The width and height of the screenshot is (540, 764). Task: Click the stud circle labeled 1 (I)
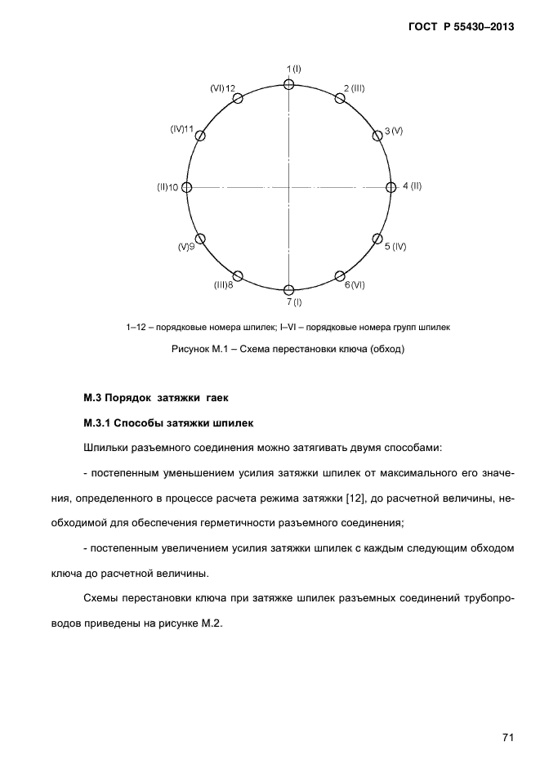tap(288, 84)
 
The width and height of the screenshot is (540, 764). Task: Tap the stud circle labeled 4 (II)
tap(390, 187)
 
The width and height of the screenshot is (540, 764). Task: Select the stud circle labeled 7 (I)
tap(288, 290)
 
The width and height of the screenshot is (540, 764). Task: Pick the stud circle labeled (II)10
tap(186, 187)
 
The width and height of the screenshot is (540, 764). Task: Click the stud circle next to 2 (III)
tap(340, 98)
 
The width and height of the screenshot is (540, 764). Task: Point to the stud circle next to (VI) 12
tap(238, 98)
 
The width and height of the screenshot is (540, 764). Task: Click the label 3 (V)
tap(394, 132)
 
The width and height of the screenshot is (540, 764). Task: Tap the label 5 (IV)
tap(395, 246)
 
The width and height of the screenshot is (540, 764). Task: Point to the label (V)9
tap(185, 246)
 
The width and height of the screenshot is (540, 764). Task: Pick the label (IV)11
tap(182, 129)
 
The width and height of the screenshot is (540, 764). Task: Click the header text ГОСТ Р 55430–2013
tap(461, 27)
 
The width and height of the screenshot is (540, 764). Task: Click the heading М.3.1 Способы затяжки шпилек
tap(168, 423)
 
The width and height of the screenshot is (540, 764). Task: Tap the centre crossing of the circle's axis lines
tap(288, 187)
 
